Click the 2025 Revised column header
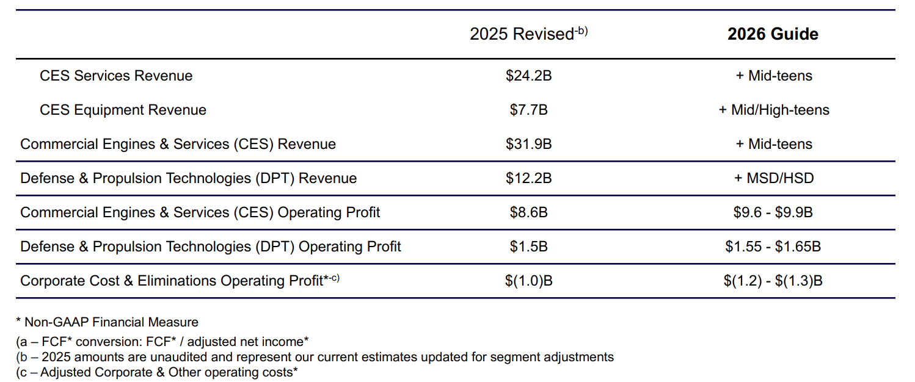click(x=528, y=34)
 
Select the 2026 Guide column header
click(x=773, y=34)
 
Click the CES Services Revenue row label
click(x=116, y=76)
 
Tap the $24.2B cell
click(x=528, y=76)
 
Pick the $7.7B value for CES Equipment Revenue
click(x=528, y=110)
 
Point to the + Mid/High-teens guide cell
click(x=773, y=110)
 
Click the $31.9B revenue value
click(x=528, y=144)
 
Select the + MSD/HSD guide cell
click(x=773, y=178)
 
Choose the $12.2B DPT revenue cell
click(x=528, y=178)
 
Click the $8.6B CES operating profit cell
click(x=528, y=212)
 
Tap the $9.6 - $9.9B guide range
click(x=773, y=212)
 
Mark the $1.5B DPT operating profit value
click(x=528, y=247)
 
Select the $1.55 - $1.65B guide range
click(x=773, y=247)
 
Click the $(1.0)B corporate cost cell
click(x=528, y=281)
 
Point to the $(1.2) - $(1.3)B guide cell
click(x=773, y=281)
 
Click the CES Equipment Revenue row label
click(x=123, y=110)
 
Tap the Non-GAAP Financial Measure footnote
click(x=108, y=322)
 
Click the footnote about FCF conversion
click(x=162, y=342)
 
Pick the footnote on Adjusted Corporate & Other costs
click(x=157, y=372)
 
